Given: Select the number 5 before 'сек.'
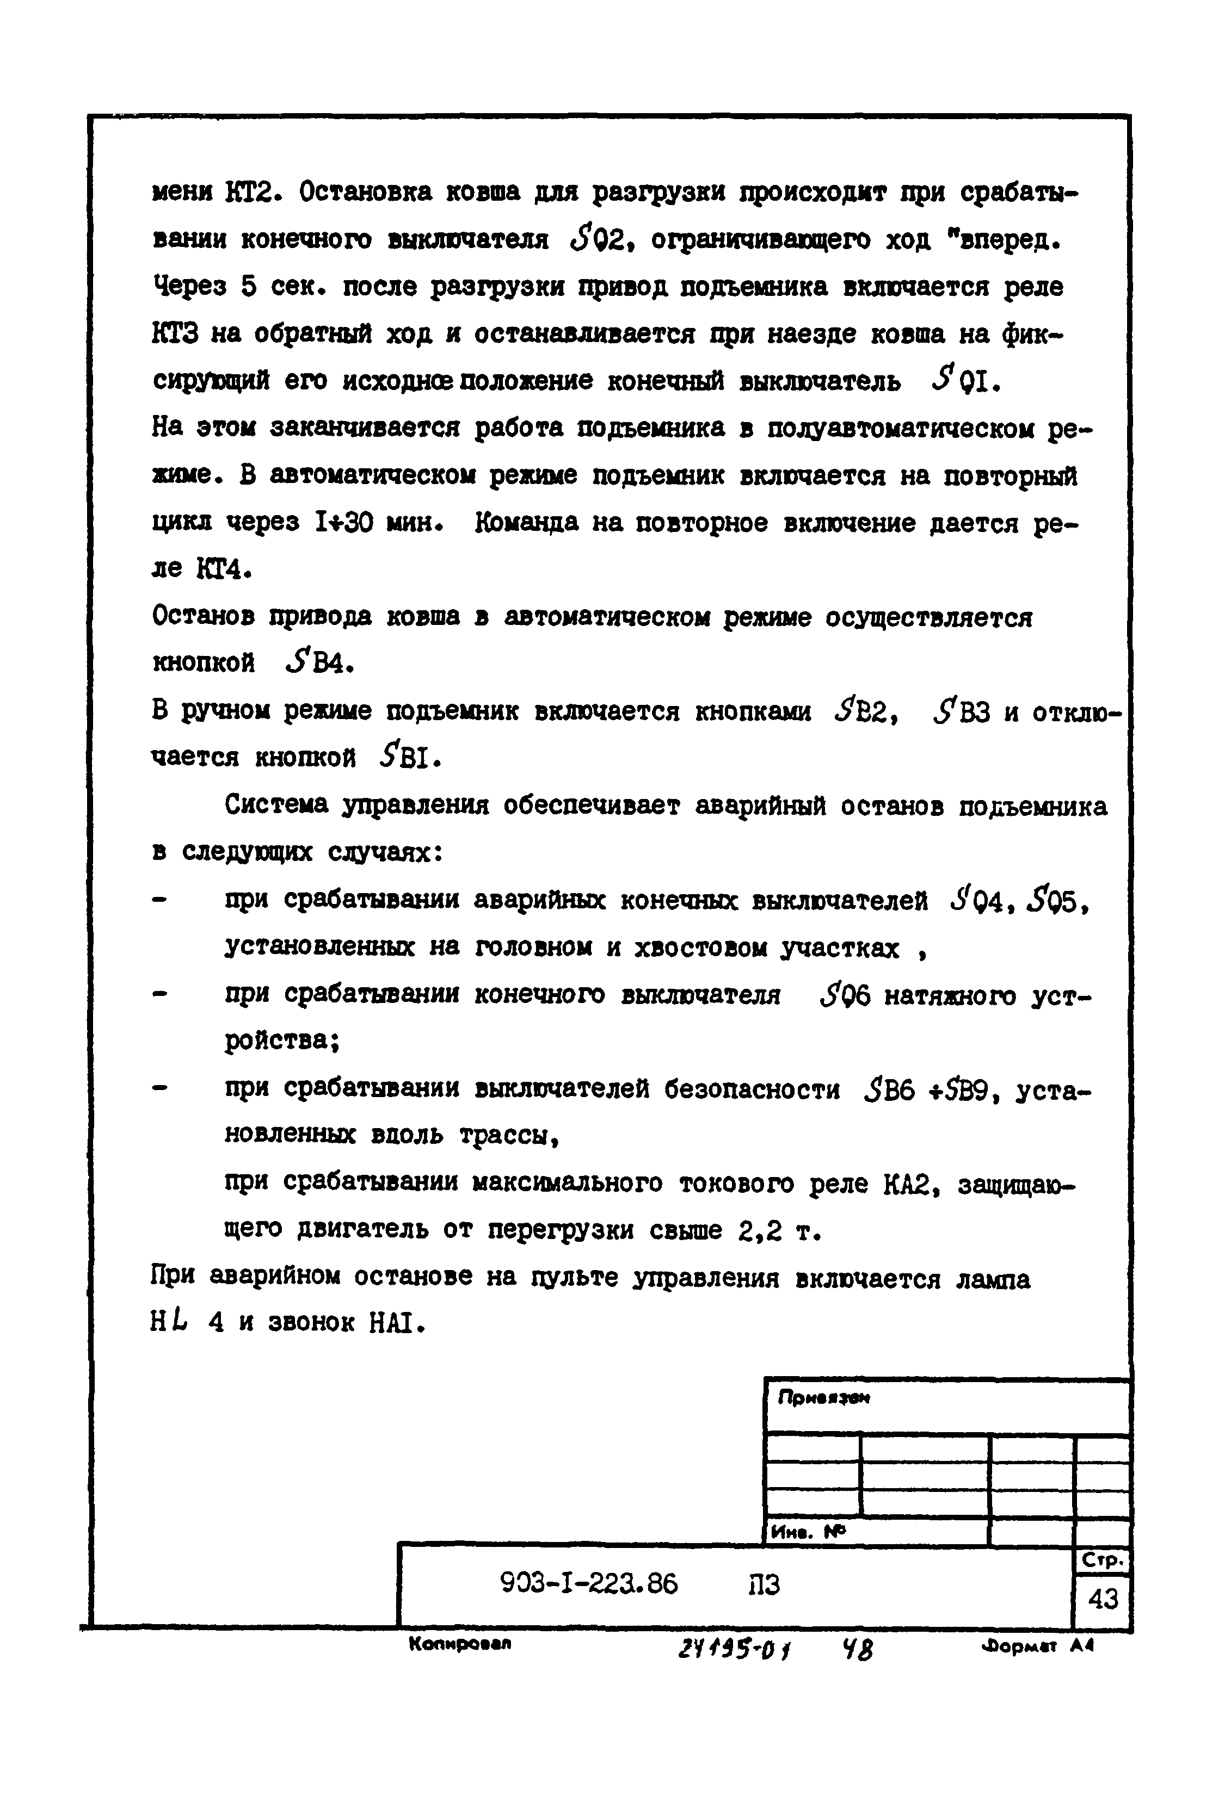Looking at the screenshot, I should point(248,288).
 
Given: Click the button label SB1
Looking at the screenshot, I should point(409,759).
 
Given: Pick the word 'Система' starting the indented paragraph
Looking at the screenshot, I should point(275,806).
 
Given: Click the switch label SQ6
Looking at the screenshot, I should point(845,995).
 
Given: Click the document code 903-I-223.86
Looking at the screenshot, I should point(589,1584).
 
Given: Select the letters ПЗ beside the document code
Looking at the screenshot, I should point(764,1584).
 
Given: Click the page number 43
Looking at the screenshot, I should point(1103,1598).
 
